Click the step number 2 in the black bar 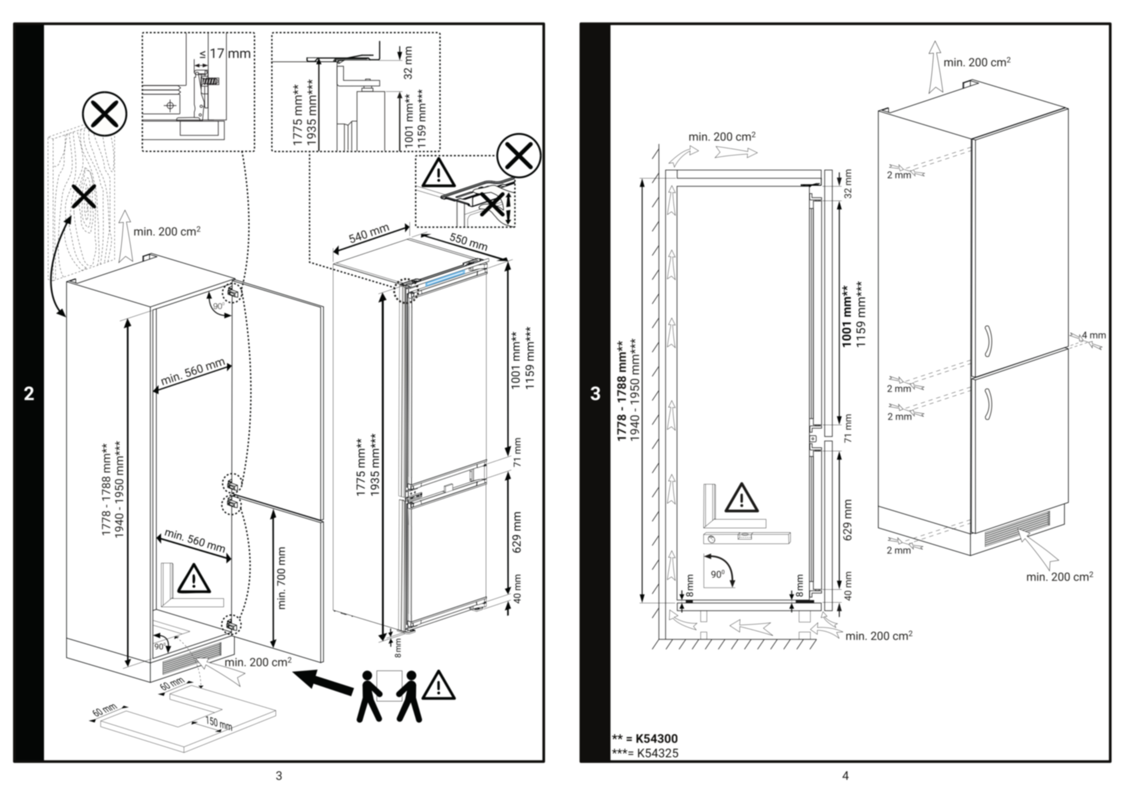click(x=29, y=393)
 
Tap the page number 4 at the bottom click(x=845, y=776)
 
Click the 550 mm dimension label click(x=469, y=242)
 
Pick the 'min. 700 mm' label click(x=282, y=578)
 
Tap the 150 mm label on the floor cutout click(x=218, y=723)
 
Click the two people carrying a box click(x=389, y=696)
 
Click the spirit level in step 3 click(x=746, y=537)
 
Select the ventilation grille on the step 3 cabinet click(x=1017, y=529)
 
